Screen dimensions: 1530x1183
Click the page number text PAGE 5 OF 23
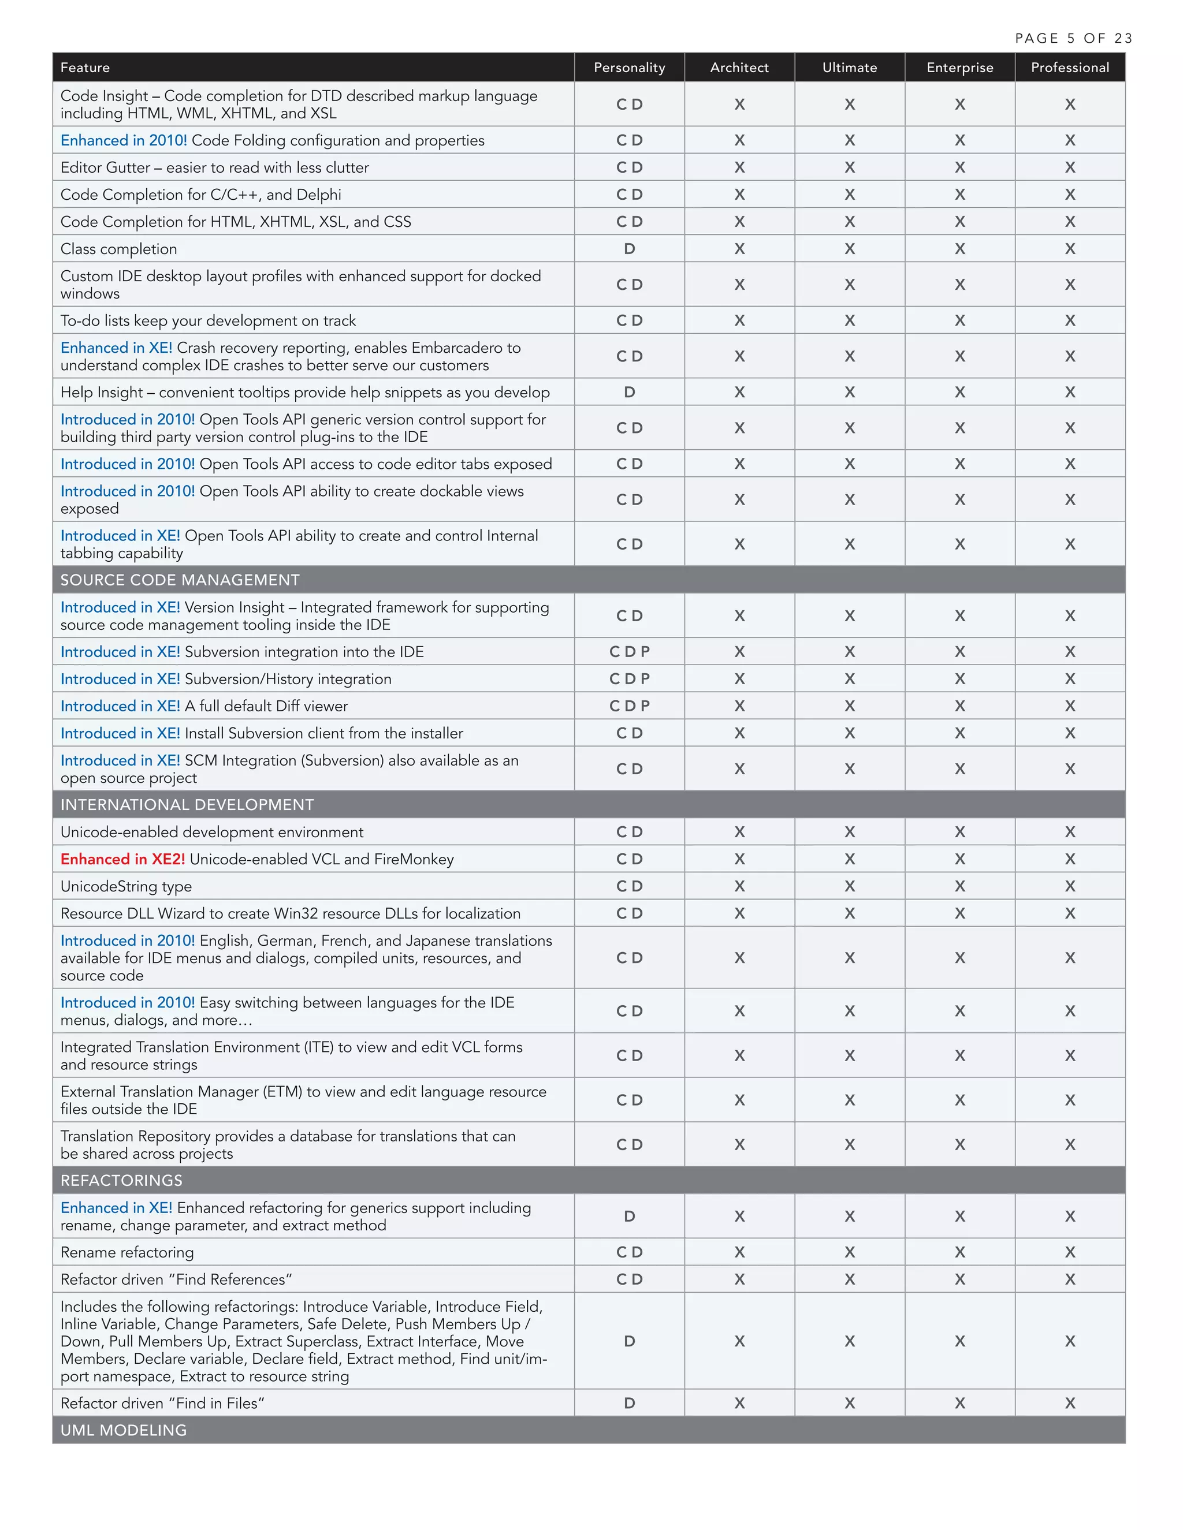[x=1073, y=39]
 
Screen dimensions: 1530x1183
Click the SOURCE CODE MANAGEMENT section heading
[x=180, y=580]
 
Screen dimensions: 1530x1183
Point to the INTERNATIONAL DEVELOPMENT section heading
[x=187, y=805]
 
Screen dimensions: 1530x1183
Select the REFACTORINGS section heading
[x=121, y=1181]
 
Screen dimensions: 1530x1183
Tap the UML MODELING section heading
[x=124, y=1431]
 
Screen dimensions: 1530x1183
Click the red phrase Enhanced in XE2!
[x=122, y=860]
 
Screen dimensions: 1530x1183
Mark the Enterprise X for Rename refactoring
[x=959, y=1253]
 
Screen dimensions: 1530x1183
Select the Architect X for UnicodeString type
[x=739, y=886]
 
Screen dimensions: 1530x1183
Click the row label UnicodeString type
[x=126, y=887]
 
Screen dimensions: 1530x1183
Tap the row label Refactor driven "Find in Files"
[x=162, y=1403]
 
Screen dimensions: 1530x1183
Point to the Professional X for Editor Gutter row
[x=1069, y=167]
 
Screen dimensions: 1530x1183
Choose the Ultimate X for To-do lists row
[x=849, y=321]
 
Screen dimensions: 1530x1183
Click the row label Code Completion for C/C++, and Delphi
[x=200, y=195]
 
